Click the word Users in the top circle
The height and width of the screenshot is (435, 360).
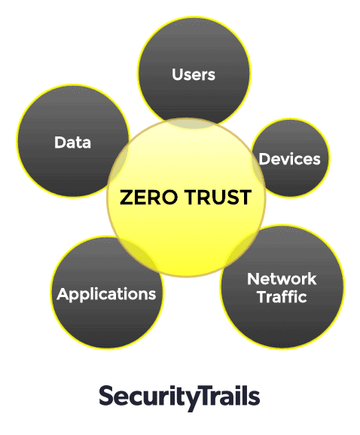tap(194, 75)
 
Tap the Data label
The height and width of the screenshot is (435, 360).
tap(72, 142)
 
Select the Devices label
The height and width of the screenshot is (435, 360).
tap(290, 159)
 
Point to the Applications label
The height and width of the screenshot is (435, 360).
tap(106, 294)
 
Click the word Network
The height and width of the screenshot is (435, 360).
tap(282, 279)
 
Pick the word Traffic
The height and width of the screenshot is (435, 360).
tap(282, 296)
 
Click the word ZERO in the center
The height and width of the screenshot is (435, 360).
tap(148, 198)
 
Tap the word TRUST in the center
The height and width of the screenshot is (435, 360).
tap(218, 198)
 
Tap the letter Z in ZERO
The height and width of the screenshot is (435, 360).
tap(126, 198)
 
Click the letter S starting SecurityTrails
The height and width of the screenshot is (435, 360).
tap(105, 396)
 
